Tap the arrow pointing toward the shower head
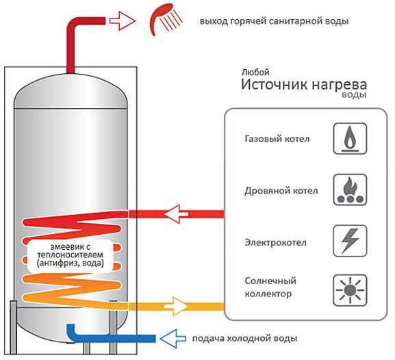click(x=123, y=21)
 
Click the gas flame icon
click(x=350, y=138)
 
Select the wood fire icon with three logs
click(x=350, y=190)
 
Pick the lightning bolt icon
click(x=350, y=241)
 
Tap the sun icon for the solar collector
click(x=350, y=290)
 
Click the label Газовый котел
click(x=277, y=139)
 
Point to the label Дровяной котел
click(x=281, y=191)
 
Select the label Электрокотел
click(x=276, y=242)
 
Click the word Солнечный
click(x=270, y=281)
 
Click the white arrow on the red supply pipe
click(x=176, y=214)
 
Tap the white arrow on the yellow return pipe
click(x=176, y=307)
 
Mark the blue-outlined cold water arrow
click(x=173, y=338)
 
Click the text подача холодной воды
click(x=245, y=338)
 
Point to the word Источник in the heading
click(x=275, y=84)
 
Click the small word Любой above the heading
click(x=255, y=73)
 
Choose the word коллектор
click(x=268, y=294)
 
